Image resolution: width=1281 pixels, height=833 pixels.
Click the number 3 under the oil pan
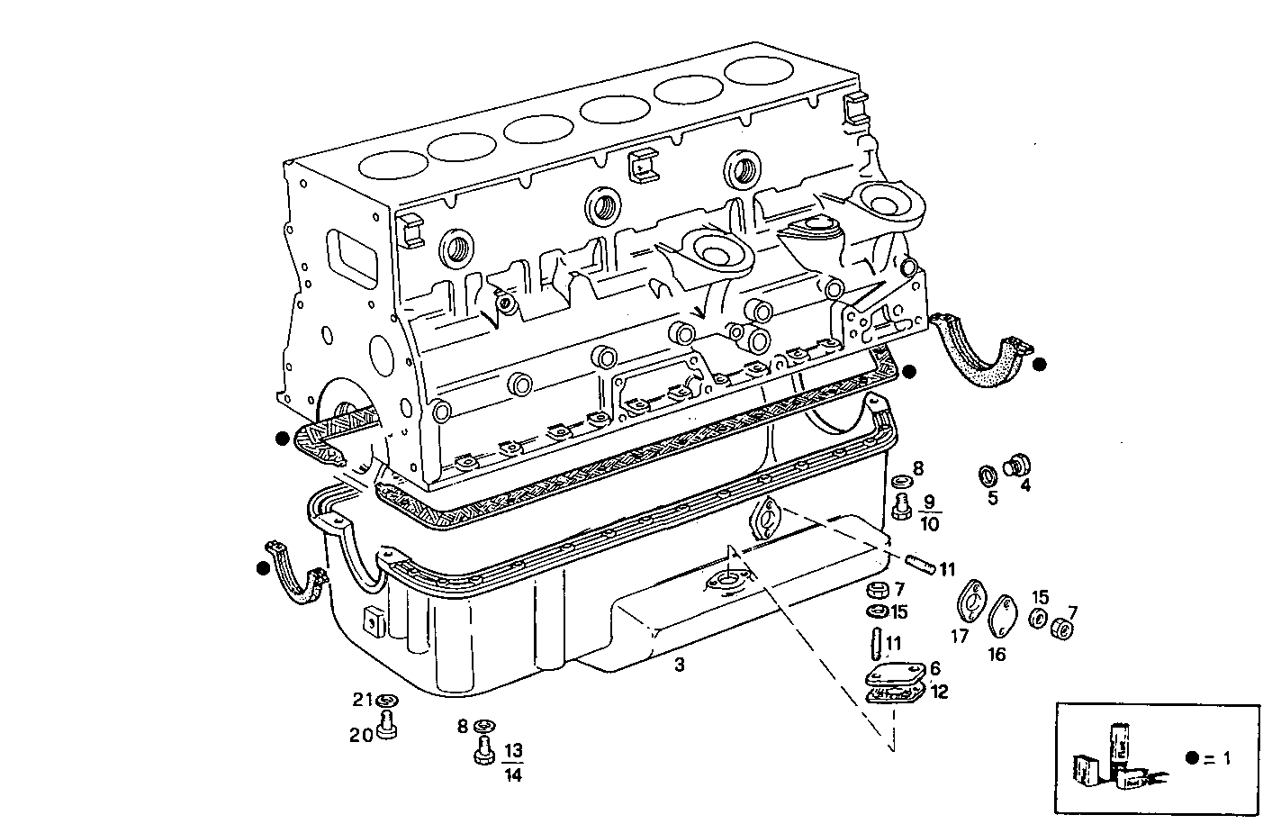click(x=679, y=665)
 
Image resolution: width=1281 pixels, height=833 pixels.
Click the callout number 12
click(x=939, y=692)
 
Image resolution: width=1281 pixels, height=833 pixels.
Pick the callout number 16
click(x=996, y=655)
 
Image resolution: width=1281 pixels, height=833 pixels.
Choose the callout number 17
click(x=960, y=637)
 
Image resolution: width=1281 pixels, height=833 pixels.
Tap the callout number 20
click(x=361, y=735)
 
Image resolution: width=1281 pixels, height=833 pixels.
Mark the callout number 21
click(x=362, y=701)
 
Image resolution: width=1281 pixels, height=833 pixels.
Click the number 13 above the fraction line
click(x=513, y=751)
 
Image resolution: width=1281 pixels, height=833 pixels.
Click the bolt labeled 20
click(x=388, y=725)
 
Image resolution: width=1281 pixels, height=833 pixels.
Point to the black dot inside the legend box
click(x=1192, y=757)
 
